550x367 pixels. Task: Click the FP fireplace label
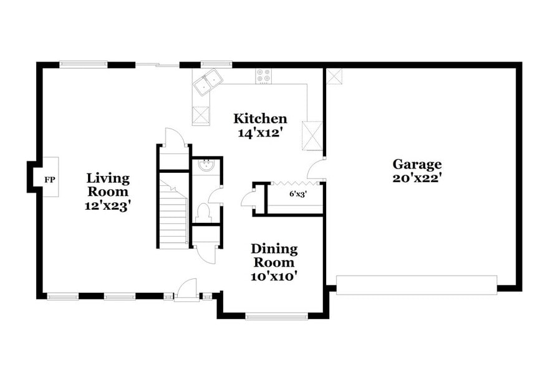click(50, 180)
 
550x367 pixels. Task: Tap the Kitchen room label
click(260, 119)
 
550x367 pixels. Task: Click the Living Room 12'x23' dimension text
click(107, 205)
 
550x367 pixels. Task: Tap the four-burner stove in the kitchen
click(263, 76)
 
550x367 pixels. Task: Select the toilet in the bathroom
click(203, 212)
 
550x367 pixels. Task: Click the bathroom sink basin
click(206, 165)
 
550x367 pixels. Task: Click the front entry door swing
click(186, 288)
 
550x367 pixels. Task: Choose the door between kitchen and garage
click(317, 169)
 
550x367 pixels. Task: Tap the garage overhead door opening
click(416, 285)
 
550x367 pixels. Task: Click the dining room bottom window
click(277, 316)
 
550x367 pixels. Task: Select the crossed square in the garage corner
click(335, 76)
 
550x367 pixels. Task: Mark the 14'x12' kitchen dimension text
click(260, 132)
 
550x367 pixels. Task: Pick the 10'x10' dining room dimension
click(274, 275)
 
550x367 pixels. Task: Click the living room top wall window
click(84, 63)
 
